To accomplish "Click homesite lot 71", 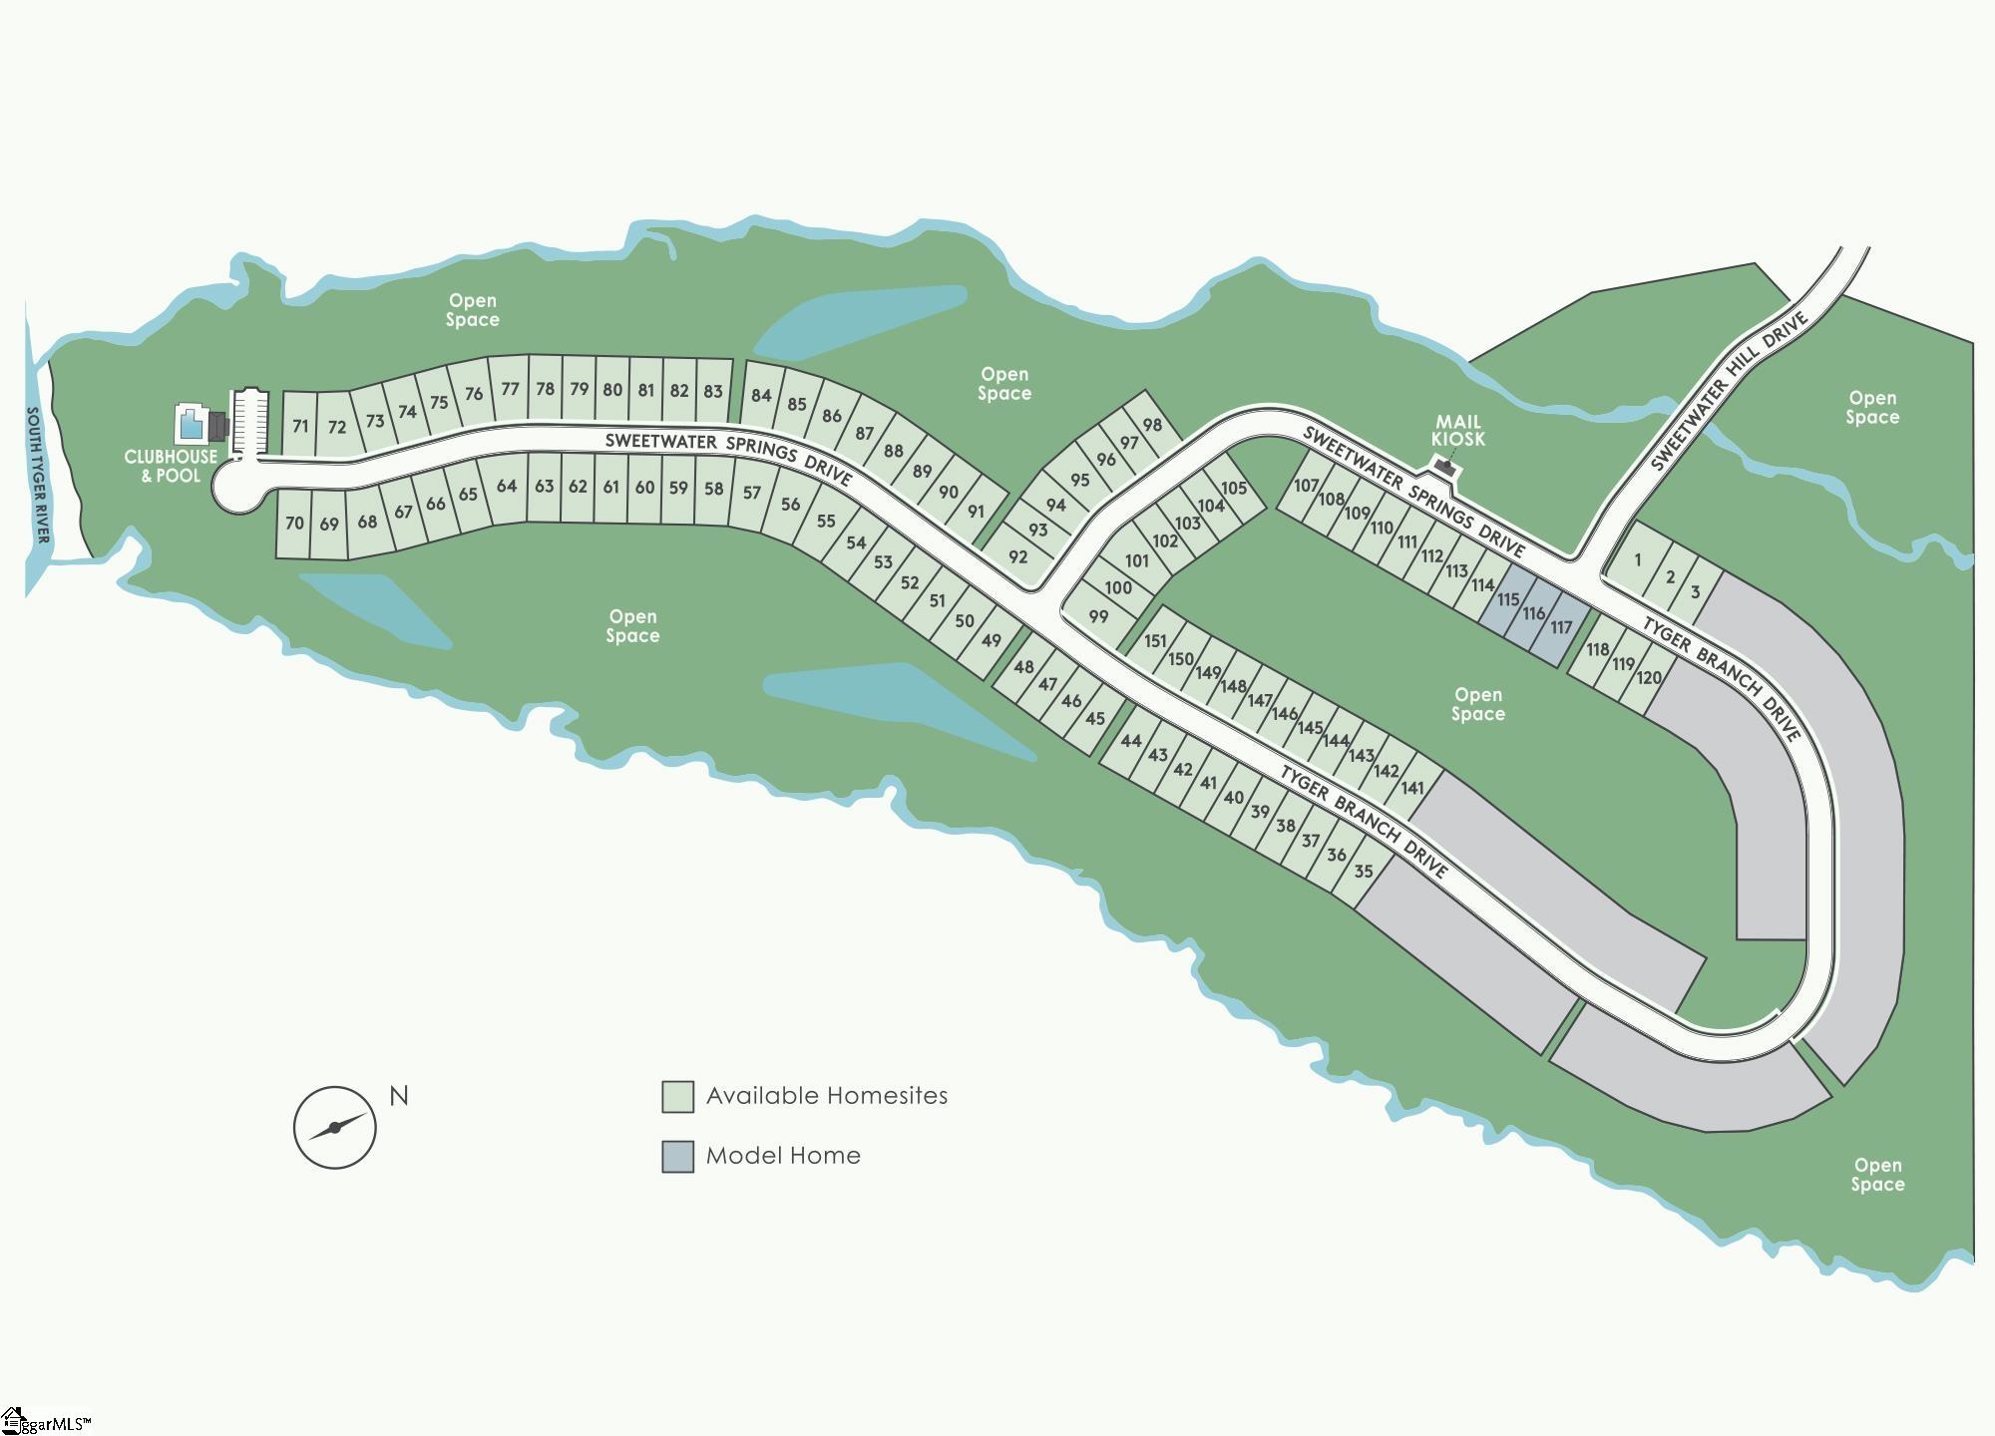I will [300, 426].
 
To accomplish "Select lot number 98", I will [1152, 425].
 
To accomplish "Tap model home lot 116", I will [1534, 613].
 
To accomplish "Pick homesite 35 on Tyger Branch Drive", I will [1364, 871].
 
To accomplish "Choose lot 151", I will [1155, 641].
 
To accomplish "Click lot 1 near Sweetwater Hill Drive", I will [1637, 560].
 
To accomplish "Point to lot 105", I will [1234, 489].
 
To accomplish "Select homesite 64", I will [507, 487].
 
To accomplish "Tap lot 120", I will [1649, 678].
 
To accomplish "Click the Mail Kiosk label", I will [1457, 431].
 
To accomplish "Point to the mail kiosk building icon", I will [1442, 465].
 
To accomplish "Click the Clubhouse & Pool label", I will [171, 466].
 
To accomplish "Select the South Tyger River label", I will [38, 475].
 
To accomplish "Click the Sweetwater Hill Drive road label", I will [1728, 392].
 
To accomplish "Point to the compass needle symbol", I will [335, 1127].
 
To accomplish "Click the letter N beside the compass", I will [399, 1096].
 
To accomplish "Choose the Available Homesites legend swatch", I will [677, 1097].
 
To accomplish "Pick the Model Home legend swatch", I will [677, 1157].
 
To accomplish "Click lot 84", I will [761, 395].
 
